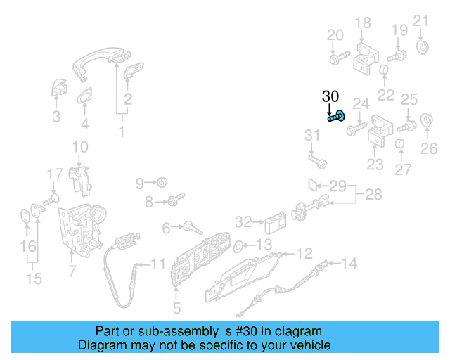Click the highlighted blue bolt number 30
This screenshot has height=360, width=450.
[337, 117]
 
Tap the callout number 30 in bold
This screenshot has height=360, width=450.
[330, 96]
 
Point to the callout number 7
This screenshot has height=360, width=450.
[70, 270]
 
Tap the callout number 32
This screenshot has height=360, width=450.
[243, 222]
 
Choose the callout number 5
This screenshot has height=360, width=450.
[176, 307]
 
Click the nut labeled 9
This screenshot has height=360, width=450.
[162, 183]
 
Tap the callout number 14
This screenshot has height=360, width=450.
[349, 264]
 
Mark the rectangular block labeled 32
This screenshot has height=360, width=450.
[274, 224]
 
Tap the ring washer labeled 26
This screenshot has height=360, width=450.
[426, 120]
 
